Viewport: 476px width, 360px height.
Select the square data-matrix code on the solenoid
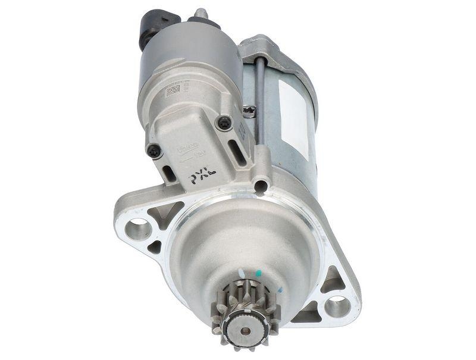[173, 90]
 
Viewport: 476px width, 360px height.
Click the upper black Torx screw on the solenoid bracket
[224, 123]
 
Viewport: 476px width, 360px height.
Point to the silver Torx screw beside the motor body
[250, 111]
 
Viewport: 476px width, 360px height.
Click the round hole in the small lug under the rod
[259, 186]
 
